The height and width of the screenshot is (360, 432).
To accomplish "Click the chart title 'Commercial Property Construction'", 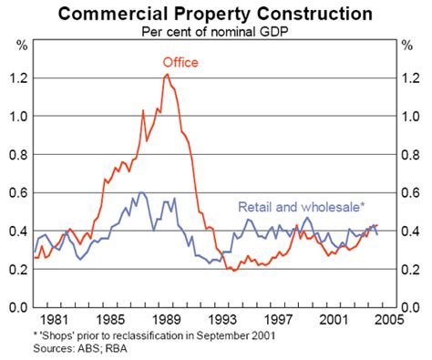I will click(x=215, y=13).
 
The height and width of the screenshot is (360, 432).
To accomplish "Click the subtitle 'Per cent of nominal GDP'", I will click(x=215, y=30).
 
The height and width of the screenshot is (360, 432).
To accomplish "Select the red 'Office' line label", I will click(x=180, y=62).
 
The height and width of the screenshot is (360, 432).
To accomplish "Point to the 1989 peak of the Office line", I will click(x=167, y=75).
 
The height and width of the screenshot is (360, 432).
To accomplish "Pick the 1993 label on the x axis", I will click(x=220, y=321).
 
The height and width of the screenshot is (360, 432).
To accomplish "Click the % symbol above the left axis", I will click(x=24, y=45).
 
